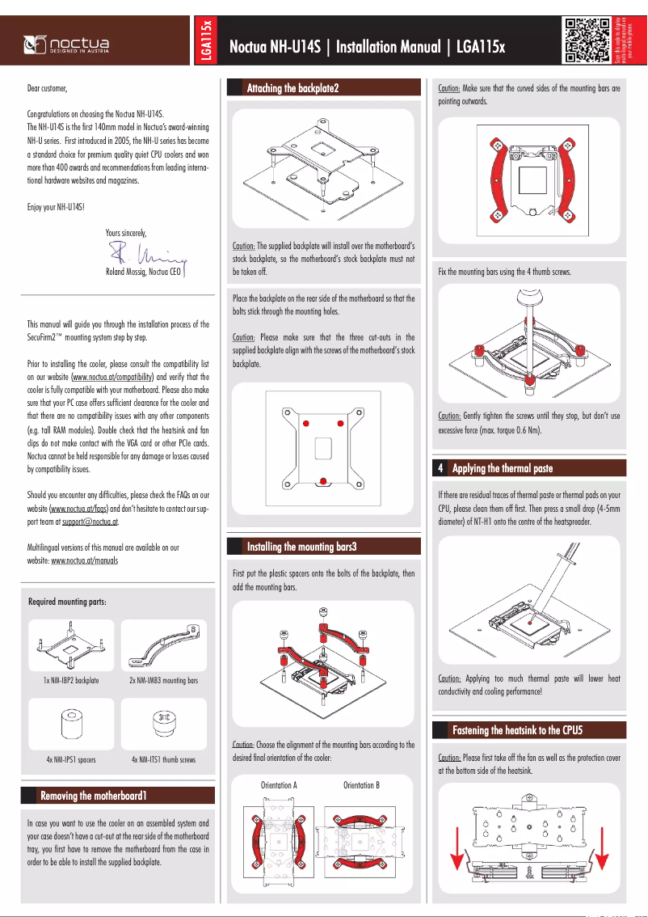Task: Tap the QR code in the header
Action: pyautogui.click(x=586, y=40)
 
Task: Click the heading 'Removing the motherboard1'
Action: pyautogui.click(x=94, y=797)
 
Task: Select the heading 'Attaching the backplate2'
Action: pyautogui.click(x=292, y=88)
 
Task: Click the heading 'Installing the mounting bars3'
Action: pyautogui.click(x=301, y=547)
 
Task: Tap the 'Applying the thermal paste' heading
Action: pyautogui.click(x=503, y=468)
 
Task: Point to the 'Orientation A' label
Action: pyautogui.click(x=279, y=785)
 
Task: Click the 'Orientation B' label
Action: pyautogui.click(x=361, y=785)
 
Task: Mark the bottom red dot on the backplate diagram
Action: pyautogui.click(x=322, y=482)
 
